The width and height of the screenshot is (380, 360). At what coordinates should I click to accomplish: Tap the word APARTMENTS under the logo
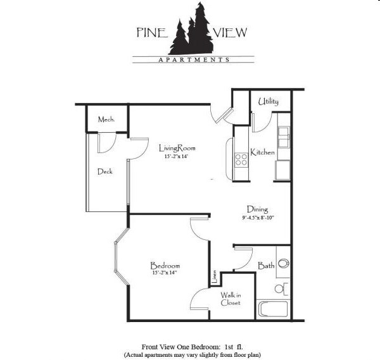pos(193,61)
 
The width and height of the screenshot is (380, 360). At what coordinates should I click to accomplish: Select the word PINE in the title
pos(151,32)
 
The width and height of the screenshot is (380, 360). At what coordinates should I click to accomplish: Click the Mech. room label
pos(106,119)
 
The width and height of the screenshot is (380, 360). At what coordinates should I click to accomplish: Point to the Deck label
pos(105,171)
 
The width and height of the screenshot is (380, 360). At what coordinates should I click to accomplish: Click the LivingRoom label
pos(177,149)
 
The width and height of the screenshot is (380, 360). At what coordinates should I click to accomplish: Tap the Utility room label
pos(269,101)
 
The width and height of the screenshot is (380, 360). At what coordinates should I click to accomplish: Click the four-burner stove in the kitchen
pos(241,159)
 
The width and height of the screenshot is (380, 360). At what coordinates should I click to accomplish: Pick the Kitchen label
pos(262,152)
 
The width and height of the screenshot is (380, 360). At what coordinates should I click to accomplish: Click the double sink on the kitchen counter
pos(283,137)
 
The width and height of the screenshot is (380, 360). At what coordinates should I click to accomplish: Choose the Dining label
pos(257,209)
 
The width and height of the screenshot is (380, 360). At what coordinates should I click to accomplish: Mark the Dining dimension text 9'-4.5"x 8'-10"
pos(257,218)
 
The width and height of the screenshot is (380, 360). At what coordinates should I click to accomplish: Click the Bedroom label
pos(165,265)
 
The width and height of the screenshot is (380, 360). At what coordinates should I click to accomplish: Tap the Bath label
pos(266,266)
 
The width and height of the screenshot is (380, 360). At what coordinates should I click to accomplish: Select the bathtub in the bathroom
pos(273,309)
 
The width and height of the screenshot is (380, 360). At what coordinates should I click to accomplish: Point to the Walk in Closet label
pos(231,298)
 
